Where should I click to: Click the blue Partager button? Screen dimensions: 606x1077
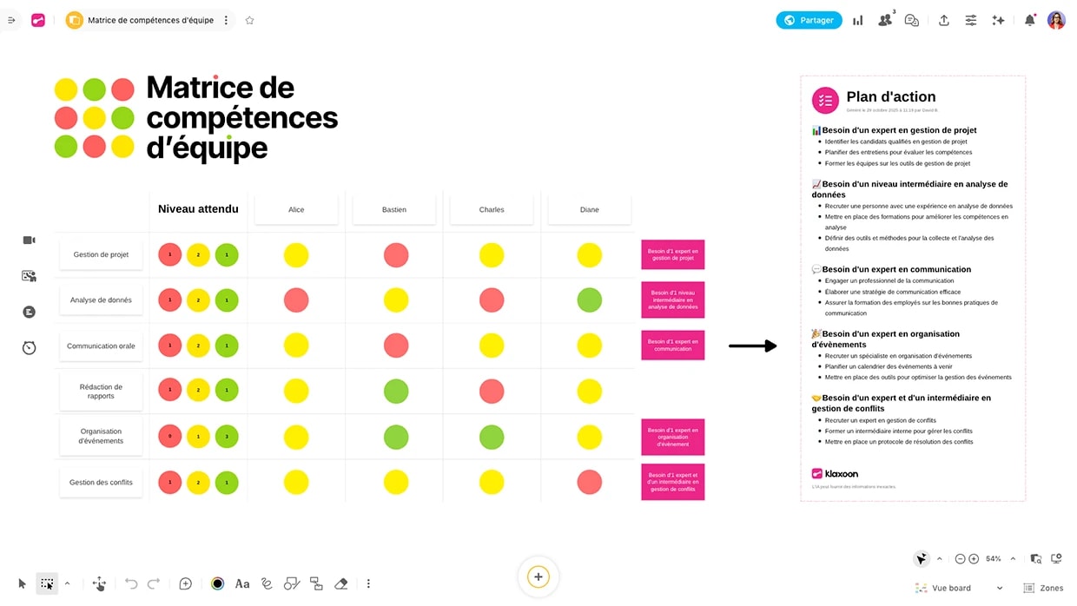click(809, 20)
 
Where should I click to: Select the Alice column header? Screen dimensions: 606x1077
click(296, 209)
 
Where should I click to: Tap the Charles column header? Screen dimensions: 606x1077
click(492, 209)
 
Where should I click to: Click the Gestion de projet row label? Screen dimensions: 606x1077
click(101, 254)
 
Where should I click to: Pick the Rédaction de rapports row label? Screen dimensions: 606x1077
click(101, 392)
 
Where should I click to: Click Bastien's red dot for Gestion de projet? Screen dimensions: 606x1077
click(396, 255)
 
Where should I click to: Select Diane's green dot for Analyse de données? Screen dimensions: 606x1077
click(590, 300)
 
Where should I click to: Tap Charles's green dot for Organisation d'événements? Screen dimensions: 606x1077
click(492, 437)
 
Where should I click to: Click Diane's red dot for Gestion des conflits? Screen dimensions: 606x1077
click(590, 482)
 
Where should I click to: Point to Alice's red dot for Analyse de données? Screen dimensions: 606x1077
click(296, 300)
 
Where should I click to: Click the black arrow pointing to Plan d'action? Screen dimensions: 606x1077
click(752, 346)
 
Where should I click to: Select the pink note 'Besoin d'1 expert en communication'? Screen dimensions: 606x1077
click(673, 345)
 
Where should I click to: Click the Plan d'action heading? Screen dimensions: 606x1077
click(891, 97)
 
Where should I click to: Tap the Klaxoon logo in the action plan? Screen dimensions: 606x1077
click(835, 473)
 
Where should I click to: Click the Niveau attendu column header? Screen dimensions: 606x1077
click(198, 209)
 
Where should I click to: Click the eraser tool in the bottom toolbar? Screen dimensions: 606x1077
click(341, 584)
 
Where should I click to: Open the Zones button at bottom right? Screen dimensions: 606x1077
click(1043, 588)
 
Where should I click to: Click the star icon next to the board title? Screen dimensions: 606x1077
click(250, 20)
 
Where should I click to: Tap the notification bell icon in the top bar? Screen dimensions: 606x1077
click(1029, 20)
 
